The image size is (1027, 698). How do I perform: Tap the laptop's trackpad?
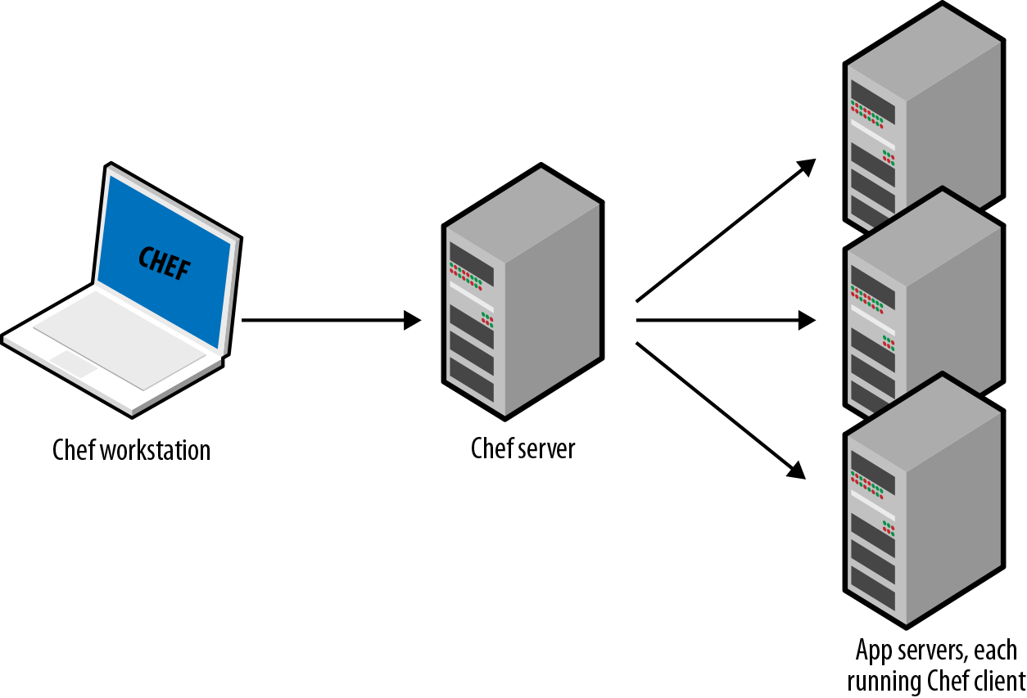tap(74, 364)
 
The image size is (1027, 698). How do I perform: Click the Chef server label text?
tap(523, 448)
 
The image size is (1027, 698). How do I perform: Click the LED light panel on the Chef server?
tap(465, 276)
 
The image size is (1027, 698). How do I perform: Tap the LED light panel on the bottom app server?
tap(867, 484)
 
